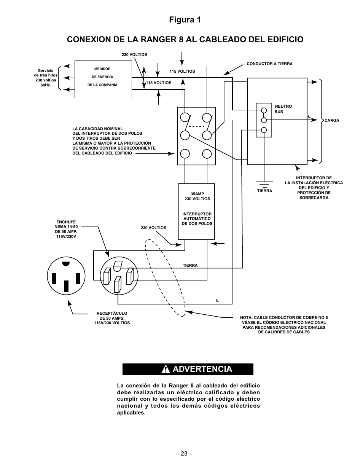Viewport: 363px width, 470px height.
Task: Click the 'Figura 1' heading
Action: pos(185,20)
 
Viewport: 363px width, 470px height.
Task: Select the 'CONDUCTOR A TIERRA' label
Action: pos(269,64)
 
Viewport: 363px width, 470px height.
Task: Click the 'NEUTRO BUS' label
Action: pos(283,109)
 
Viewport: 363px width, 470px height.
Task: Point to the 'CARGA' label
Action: pos(332,121)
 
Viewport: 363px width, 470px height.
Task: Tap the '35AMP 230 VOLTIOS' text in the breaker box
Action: pos(197,196)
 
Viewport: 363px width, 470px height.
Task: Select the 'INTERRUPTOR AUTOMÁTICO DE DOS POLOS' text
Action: pos(197,219)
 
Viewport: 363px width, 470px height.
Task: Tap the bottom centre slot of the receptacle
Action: pos(66,286)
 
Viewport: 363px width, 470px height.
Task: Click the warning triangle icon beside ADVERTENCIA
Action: pos(166,369)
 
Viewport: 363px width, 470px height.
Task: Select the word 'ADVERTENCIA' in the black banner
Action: pos(202,369)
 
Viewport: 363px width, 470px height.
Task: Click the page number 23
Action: pos(184,454)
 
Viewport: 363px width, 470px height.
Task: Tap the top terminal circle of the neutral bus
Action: pos(264,110)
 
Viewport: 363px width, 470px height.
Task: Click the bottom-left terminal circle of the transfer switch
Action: pos(185,154)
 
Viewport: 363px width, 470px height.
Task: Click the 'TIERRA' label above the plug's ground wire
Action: pos(190,265)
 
